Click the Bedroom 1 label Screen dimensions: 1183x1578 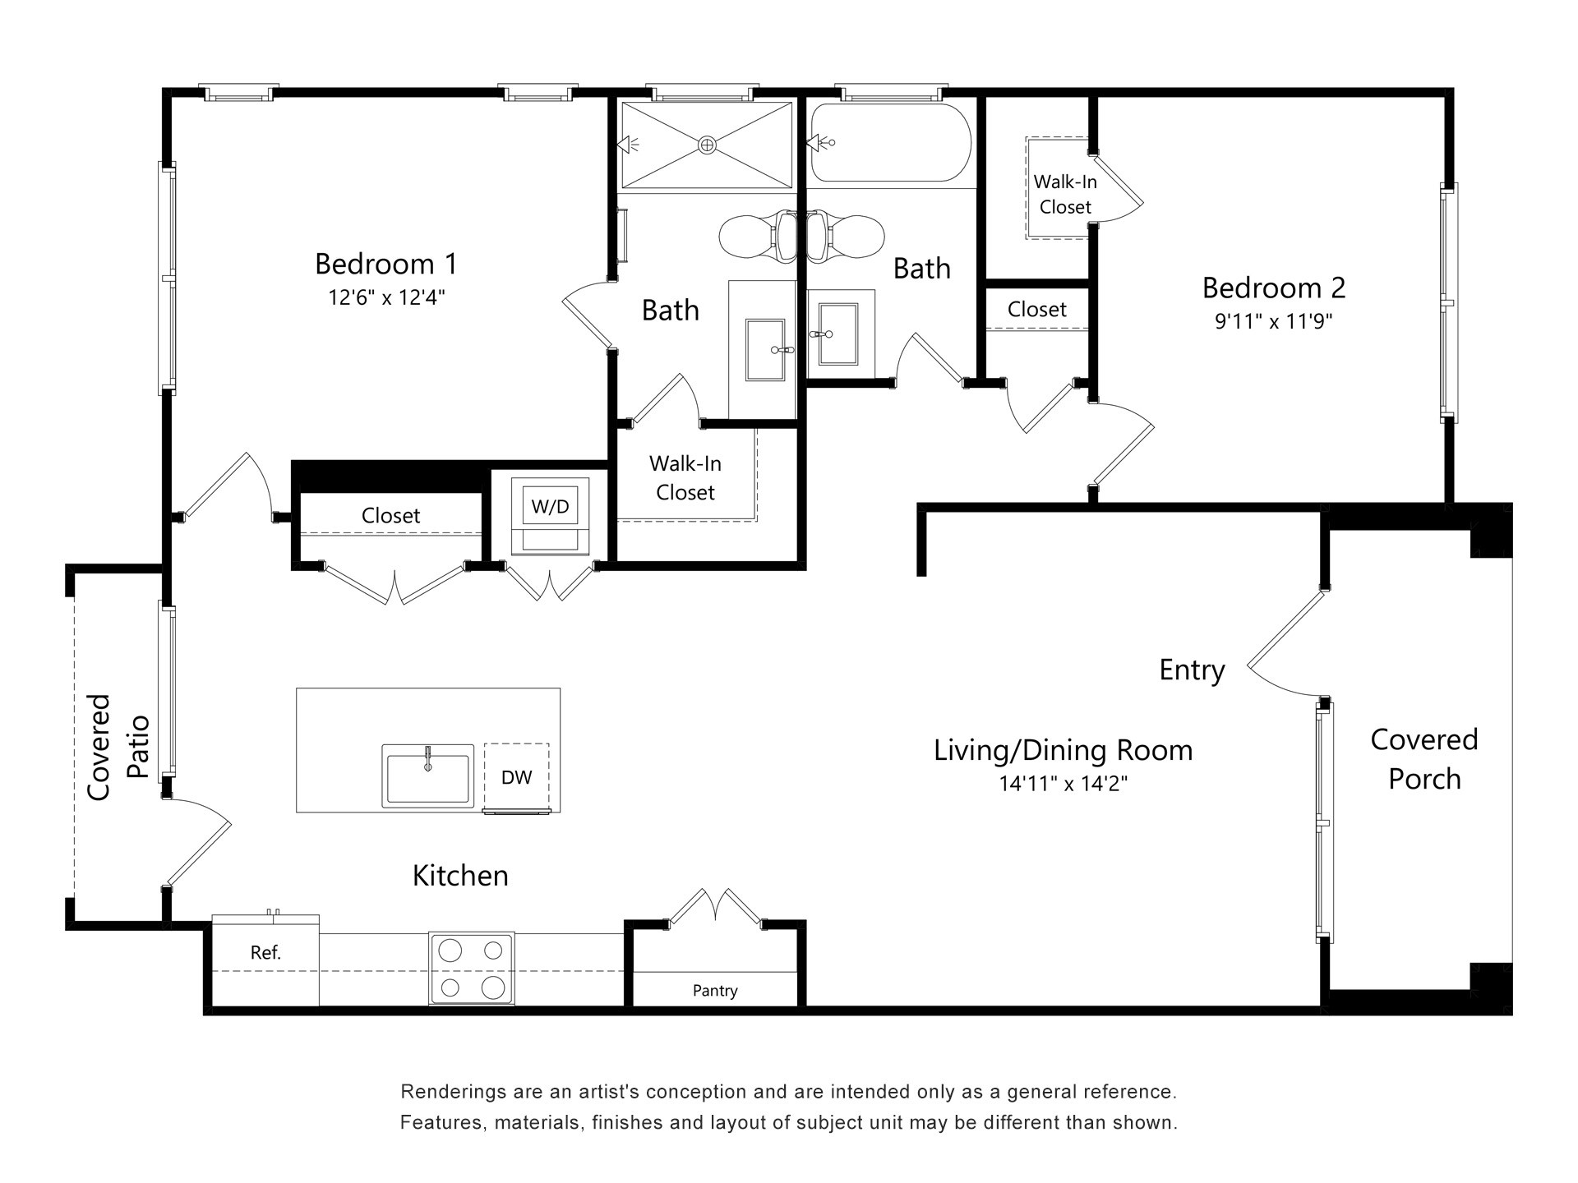pyautogui.click(x=385, y=264)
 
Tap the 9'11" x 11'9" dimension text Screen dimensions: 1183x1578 pyautogui.click(x=1273, y=321)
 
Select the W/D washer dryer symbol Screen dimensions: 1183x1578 pyautogui.click(x=550, y=507)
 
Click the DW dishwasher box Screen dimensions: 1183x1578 pyautogui.click(x=516, y=777)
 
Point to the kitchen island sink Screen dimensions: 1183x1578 pyautogui.click(x=427, y=776)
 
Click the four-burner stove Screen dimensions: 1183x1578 pyautogui.click(x=471, y=969)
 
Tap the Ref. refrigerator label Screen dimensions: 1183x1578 pyautogui.click(x=265, y=953)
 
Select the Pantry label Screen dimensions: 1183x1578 pyautogui.click(x=714, y=991)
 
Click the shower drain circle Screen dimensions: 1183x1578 pyautogui.click(x=707, y=145)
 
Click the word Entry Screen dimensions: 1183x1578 pyautogui.click(x=1192, y=670)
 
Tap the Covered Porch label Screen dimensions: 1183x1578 pyautogui.click(x=1423, y=759)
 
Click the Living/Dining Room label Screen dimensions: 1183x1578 pyautogui.click(x=1063, y=750)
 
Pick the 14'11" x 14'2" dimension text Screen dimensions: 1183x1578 pyautogui.click(x=1063, y=784)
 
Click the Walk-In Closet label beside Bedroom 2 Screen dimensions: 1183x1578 pyautogui.click(x=1064, y=194)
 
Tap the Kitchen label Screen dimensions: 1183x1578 pyautogui.click(x=459, y=876)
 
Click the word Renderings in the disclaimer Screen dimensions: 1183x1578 pyautogui.click(x=450, y=1093)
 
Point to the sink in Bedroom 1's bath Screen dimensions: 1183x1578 pyautogui.click(x=764, y=350)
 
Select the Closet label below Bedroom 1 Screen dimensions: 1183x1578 pyautogui.click(x=390, y=516)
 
